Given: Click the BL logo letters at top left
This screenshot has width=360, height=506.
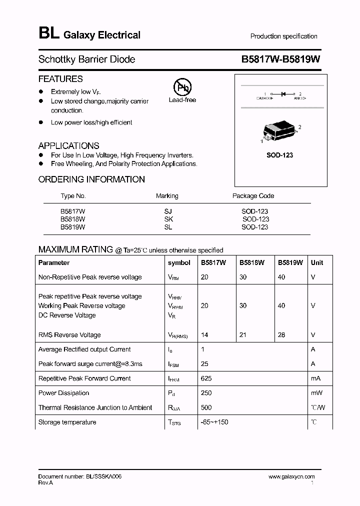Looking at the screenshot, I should point(48,34).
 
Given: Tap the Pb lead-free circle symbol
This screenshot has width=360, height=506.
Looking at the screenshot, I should point(182,87).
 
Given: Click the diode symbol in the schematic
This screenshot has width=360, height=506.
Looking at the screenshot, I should point(282,93).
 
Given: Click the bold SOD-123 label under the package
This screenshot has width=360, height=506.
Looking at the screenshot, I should point(279,155).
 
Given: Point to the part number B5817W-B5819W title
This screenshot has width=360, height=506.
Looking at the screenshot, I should point(280,59).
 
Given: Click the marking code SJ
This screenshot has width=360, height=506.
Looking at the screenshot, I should point(167,211).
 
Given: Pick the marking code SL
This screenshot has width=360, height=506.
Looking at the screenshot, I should point(167,227).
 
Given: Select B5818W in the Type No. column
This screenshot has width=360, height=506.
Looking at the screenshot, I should point(73,219).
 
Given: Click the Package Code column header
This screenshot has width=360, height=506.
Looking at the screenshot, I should point(253,195).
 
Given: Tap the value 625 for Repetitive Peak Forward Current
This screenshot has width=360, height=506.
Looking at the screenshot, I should point(206,378).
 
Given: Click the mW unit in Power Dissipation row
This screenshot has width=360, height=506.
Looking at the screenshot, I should point(316,393).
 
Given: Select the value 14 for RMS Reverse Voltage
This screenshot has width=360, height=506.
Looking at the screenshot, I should point(204,335).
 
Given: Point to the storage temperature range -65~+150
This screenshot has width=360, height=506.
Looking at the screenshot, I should point(215,422).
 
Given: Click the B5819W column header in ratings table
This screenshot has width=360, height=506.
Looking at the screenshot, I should point(290,262).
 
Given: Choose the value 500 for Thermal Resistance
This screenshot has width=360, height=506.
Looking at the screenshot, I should point(206,407).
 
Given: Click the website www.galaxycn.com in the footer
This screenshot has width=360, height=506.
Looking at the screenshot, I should point(291,477).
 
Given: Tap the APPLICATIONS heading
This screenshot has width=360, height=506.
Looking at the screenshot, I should point(68,146).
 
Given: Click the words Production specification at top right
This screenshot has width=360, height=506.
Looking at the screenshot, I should point(283,36).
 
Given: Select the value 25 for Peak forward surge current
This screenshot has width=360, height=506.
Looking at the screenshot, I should point(204,364).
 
